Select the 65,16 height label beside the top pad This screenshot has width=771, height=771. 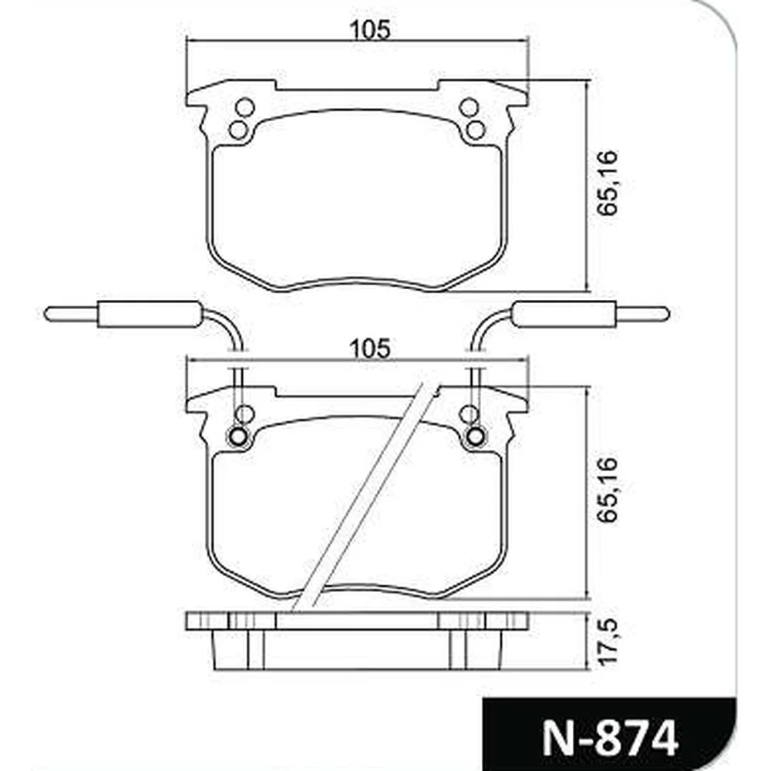(608, 183)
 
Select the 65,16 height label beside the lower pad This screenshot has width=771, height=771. (608, 490)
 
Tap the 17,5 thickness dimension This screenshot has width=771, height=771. (608, 641)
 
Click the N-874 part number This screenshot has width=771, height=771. (610, 738)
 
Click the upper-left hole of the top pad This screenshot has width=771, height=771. (244, 107)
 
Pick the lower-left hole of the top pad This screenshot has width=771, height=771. (238, 130)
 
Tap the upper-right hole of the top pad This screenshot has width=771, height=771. (470, 107)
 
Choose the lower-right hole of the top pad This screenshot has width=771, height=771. (476, 130)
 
